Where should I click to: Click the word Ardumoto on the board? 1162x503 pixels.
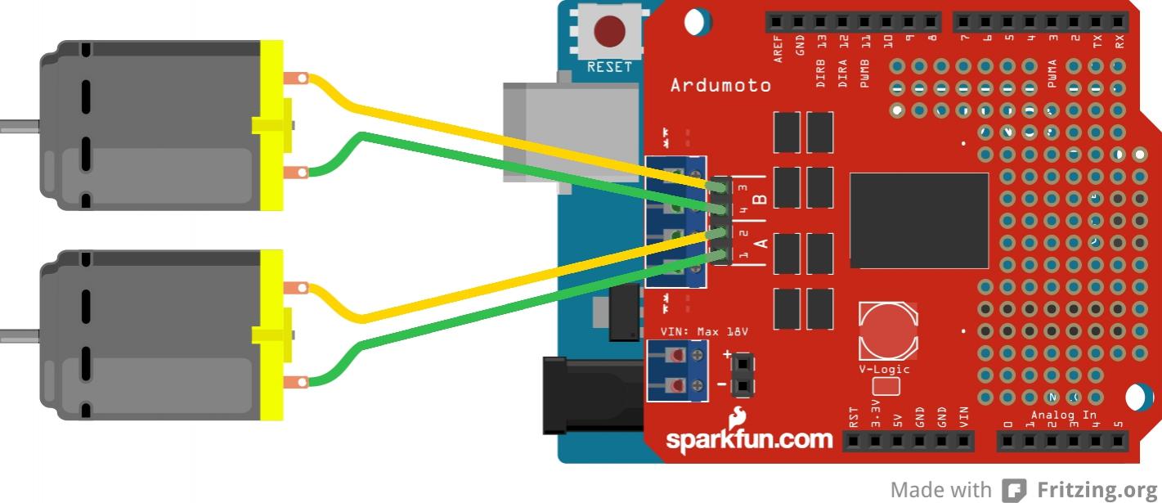[720, 85]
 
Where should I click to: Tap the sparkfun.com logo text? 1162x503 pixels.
[749, 438]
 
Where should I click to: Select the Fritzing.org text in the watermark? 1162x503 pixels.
[1097, 490]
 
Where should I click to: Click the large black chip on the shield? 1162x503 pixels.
[918, 220]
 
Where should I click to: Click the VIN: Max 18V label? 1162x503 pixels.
[704, 332]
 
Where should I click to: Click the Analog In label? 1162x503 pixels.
[1063, 415]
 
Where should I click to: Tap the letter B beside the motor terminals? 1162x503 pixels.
[760, 199]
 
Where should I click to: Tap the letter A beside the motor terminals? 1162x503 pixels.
[760, 243]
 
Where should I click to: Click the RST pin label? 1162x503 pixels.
[854, 418]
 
